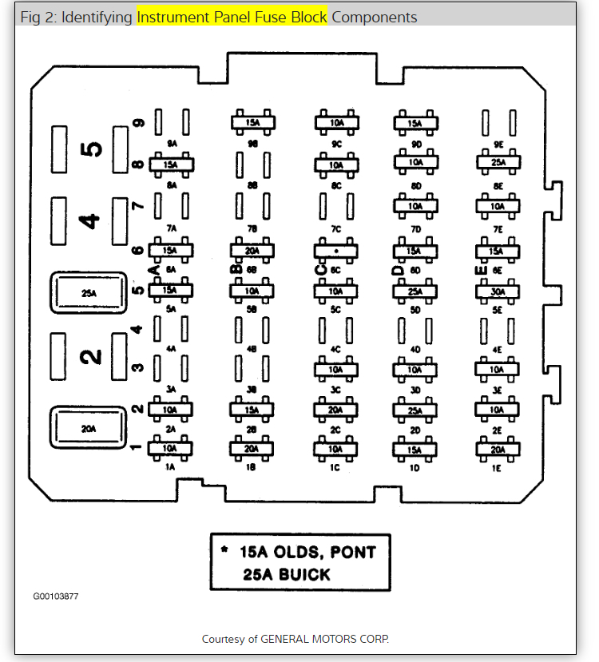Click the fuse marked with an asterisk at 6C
[x=335, y=250]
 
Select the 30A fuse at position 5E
[x=498, y=291]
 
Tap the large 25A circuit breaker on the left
[x=88, y=293]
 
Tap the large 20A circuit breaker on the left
[x=88, y=428]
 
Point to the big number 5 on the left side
[x=93, y=149]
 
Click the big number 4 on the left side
[x=93, y=220]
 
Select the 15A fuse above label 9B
[x=253, y=122]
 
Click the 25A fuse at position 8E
[x=498, y=163]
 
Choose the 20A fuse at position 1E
[x=498, y=450]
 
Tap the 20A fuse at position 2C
[x=335, y=410]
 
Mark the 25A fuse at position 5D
[x=415, y=291]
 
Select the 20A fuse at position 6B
[x=253, y=250]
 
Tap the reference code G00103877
[x=56, y=597]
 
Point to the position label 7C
[x=336, y=229]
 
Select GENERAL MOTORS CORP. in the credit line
[x=327, y=639]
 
